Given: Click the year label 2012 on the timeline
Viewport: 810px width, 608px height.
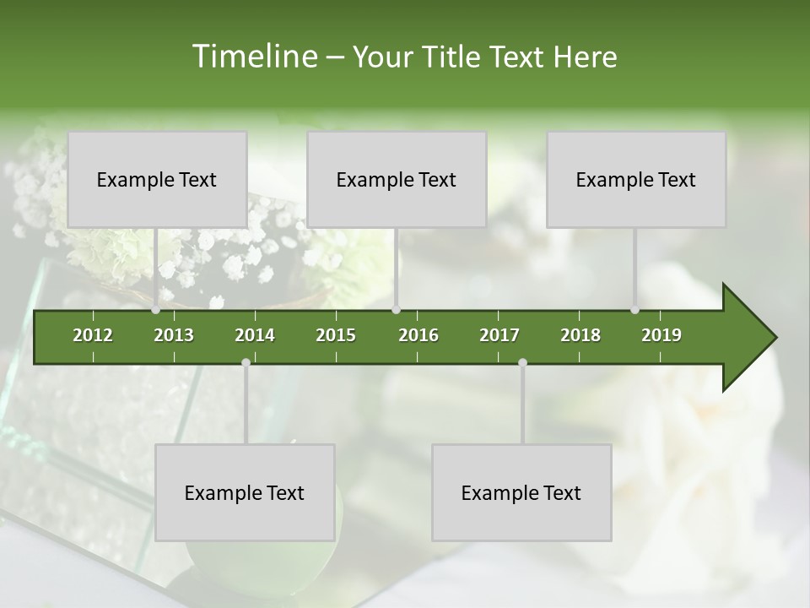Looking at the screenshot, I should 93,335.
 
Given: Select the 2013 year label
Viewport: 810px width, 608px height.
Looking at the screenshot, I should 174,335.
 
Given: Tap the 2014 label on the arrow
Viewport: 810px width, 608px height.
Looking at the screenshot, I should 255,335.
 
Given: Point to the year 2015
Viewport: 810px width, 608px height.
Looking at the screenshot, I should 336,335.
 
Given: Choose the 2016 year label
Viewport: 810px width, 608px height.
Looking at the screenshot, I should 418,335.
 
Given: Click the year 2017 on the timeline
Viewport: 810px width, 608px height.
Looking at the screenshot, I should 499,335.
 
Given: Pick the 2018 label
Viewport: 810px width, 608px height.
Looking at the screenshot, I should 580,335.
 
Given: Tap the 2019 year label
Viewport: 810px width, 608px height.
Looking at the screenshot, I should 661,335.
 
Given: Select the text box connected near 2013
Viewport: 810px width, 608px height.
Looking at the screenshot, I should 157,179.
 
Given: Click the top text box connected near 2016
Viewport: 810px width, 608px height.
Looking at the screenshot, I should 397,179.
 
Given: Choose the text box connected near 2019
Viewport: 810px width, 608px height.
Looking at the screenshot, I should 636,179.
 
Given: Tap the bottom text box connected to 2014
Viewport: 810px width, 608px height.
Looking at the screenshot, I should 245,492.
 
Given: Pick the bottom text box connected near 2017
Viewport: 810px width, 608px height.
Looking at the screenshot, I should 521,492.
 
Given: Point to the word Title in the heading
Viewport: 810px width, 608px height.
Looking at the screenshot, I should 453,57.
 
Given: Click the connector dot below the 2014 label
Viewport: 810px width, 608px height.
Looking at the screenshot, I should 246,362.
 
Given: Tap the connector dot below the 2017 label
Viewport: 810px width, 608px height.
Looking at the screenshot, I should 522,362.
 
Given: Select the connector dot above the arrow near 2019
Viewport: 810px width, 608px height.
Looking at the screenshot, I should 634,310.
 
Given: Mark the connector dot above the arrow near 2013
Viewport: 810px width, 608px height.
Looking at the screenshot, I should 156,310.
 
